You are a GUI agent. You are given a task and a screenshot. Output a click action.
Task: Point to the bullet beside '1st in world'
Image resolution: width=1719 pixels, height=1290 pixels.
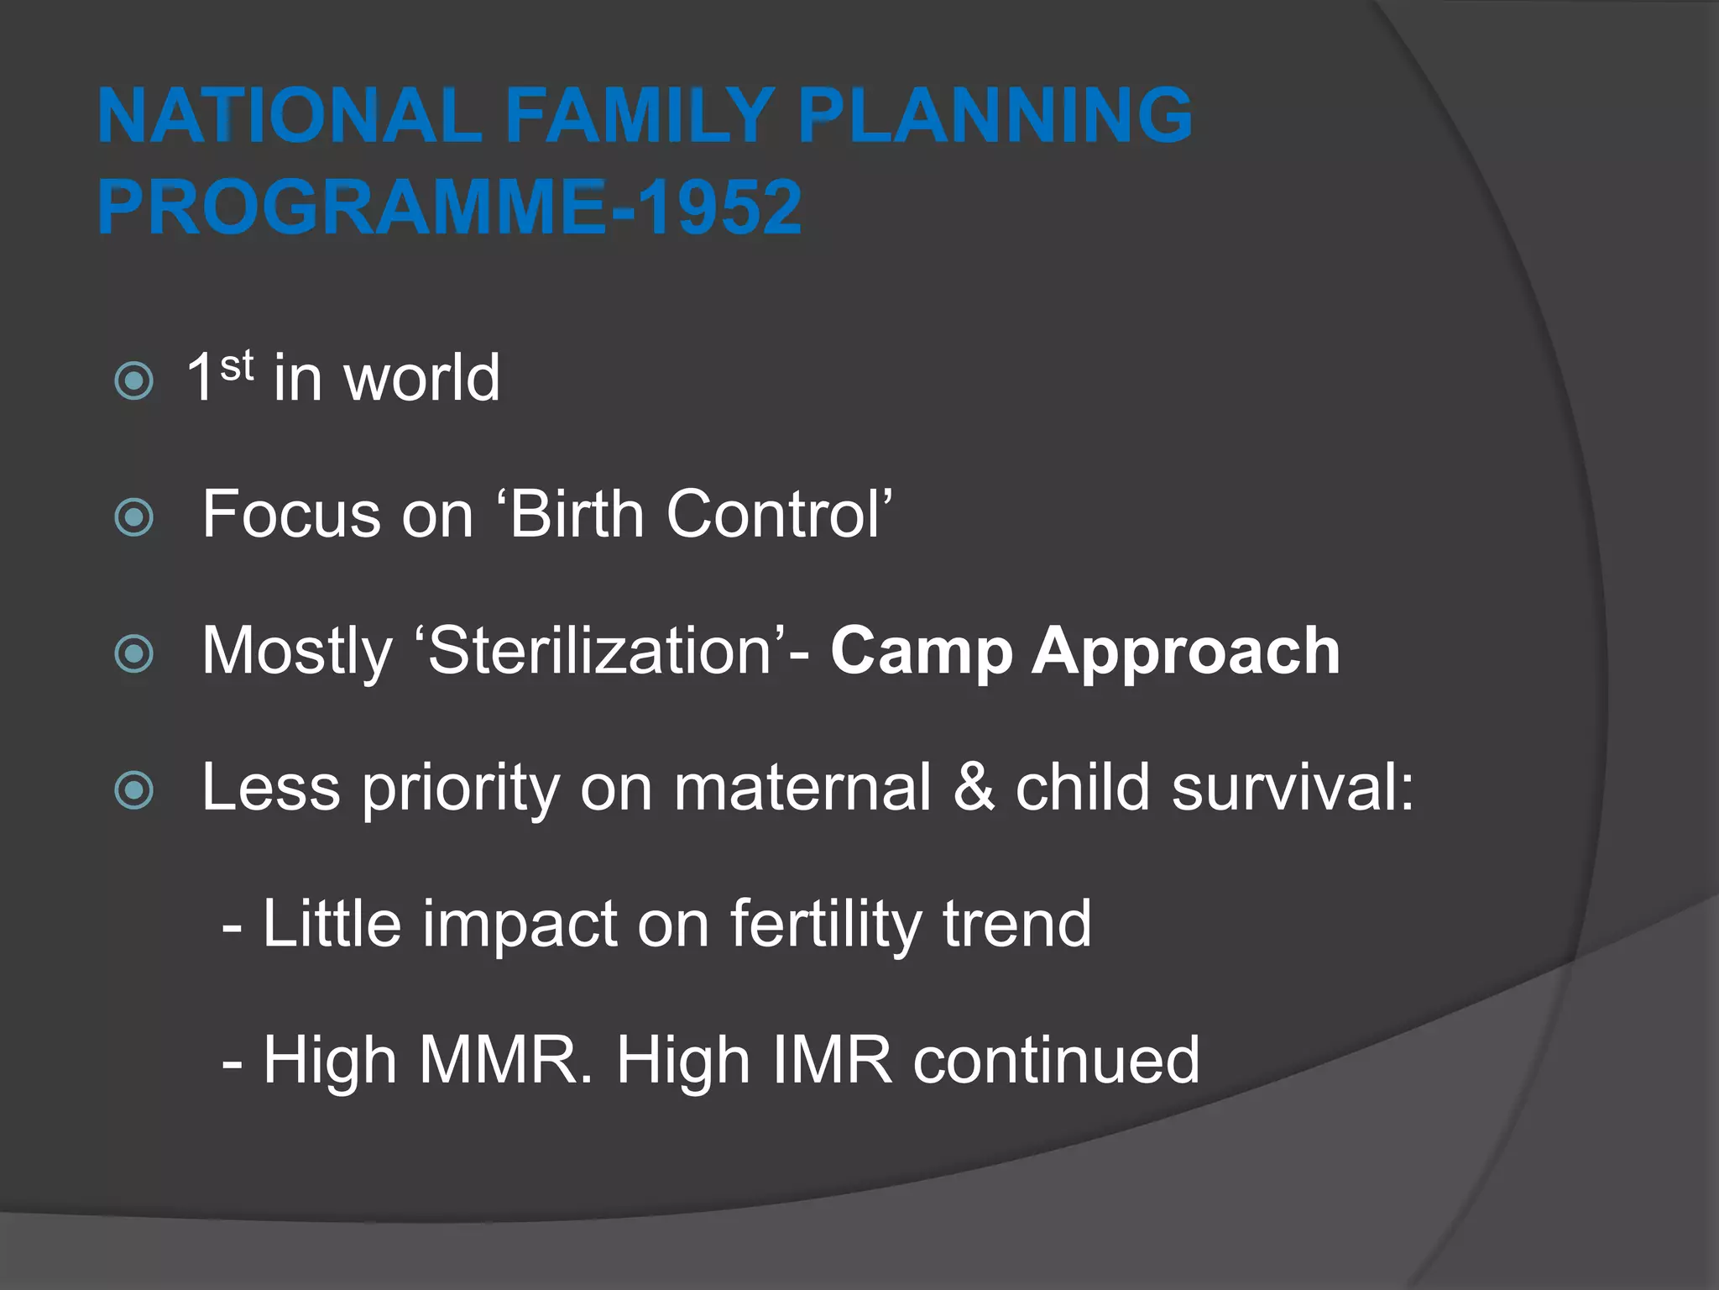133,380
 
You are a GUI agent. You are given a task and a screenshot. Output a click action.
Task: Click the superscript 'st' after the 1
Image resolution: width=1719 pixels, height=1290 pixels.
237,366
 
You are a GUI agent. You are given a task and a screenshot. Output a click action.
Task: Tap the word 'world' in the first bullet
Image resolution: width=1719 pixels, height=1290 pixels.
421,378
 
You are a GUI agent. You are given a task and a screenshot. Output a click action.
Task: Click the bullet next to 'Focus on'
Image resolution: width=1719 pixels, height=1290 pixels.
133,517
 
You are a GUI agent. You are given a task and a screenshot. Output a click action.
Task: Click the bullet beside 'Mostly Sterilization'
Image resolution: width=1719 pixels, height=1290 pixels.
133,653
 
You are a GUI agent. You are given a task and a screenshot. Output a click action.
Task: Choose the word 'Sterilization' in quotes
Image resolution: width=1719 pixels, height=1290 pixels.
600,651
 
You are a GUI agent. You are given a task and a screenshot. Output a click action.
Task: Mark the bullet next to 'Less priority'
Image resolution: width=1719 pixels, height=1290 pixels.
133,790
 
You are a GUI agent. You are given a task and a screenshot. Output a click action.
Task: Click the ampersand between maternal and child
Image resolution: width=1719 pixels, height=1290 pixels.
974,788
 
